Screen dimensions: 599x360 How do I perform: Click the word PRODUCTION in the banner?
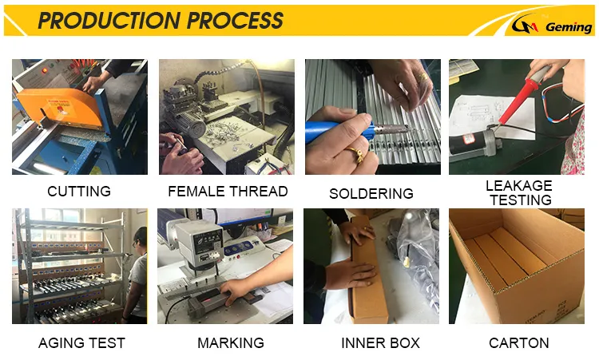(109, 20)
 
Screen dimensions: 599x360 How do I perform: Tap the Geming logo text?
(569, 27)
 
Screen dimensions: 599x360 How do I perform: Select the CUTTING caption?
(79, 191)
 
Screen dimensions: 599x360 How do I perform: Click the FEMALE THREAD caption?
(228, 191)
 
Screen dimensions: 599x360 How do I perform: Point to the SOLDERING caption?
(371, 193)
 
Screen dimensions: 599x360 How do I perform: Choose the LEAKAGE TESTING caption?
(520, 192)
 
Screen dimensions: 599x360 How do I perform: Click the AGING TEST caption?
(81, 342)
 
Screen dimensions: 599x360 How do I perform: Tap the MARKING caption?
(231, 342)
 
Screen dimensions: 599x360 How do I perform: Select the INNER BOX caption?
(380, 342)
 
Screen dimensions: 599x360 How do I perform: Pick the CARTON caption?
(519, 342)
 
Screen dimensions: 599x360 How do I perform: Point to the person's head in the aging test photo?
(140, 238)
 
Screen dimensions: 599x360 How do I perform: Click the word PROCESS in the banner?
(236, 20)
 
